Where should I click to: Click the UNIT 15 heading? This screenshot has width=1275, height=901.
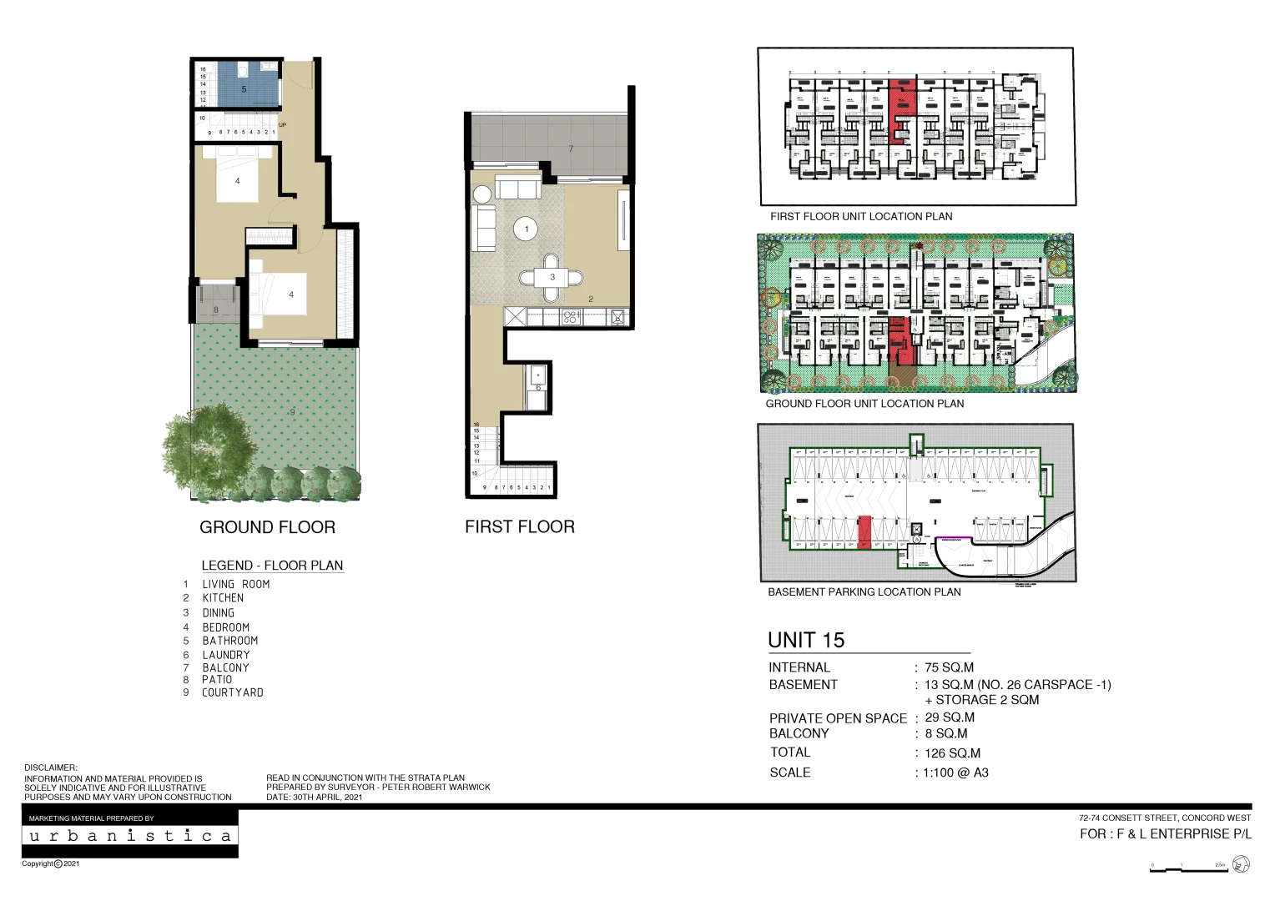tap(806, 640)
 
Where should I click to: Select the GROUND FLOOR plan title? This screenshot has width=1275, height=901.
tap(267, 527)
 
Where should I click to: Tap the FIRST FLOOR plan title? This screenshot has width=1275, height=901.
tap(519, 526)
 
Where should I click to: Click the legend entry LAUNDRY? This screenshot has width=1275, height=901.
tap(225, 655)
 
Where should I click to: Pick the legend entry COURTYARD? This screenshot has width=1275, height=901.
tap(232, 692)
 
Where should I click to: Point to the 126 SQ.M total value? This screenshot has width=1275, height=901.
tap(952, 753)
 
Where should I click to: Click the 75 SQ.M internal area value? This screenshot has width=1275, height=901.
tap(949, 667)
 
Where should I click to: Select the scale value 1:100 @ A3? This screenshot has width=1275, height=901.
tap(955, 773)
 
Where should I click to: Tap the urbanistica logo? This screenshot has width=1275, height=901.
tap(130, 836)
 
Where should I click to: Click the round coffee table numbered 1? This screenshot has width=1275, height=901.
tap(526, 229)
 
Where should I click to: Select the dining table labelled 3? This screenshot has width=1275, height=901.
tap(552, 278)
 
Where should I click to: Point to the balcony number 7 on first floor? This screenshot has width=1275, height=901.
tap(571, 148)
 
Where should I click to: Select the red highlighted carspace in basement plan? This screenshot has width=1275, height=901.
tap(864, 532)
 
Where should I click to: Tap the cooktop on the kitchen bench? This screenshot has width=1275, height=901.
tap(571, 317)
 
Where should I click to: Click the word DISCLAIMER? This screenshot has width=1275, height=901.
tap(50, 768)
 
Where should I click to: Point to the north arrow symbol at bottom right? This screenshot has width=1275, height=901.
tap(1241, 865)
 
